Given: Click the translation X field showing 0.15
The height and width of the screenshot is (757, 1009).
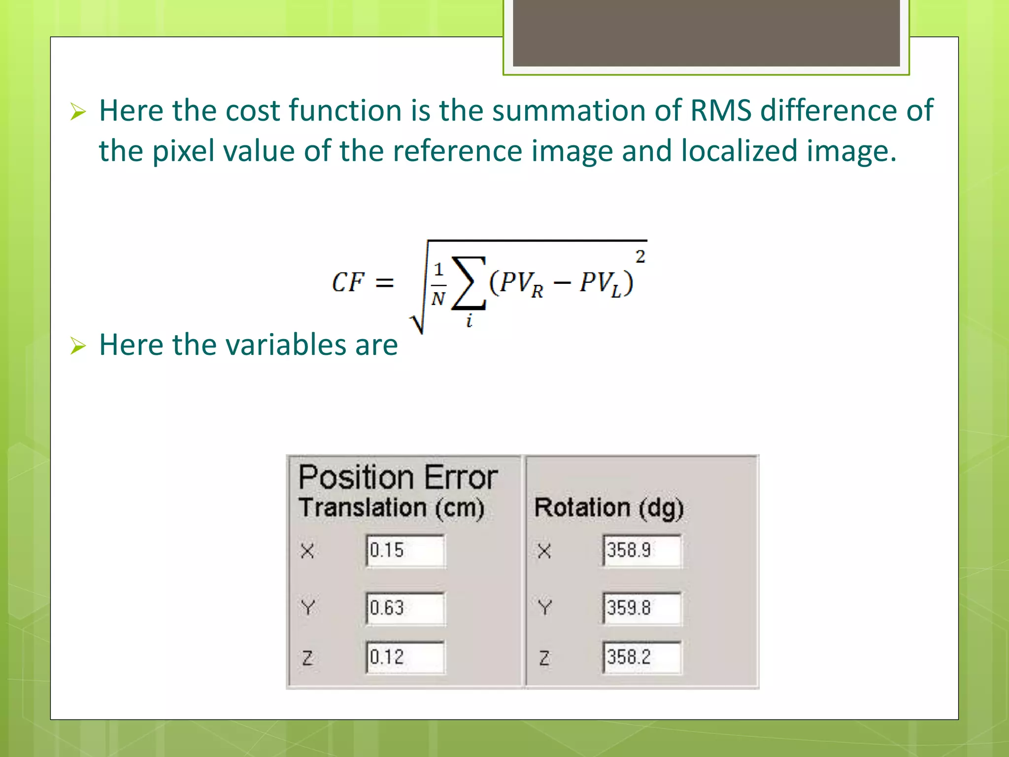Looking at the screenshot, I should (405, 551).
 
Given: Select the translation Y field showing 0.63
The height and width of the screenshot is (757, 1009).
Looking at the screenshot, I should (405, 608).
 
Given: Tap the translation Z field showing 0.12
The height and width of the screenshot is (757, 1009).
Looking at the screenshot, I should (405, 657).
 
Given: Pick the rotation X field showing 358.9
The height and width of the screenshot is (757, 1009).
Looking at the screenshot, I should (642, 551).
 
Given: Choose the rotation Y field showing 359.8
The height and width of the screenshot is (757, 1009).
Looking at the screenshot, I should (642, 608).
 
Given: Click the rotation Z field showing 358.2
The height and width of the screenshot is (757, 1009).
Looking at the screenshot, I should (642, 657).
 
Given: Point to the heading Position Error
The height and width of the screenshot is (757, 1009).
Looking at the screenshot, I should (398, 478).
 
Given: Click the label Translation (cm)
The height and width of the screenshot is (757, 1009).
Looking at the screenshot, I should (392, 508).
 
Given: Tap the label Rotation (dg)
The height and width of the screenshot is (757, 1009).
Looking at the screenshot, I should (609, 508).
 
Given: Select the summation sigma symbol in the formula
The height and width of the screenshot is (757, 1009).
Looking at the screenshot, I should (469, 283).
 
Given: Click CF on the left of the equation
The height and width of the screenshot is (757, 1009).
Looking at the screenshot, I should (348, 282).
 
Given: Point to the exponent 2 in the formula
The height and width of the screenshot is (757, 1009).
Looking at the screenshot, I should (640, 256).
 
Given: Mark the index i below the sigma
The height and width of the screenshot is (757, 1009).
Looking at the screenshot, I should (469, 321).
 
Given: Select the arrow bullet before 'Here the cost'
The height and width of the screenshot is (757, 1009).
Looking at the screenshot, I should (78, 111).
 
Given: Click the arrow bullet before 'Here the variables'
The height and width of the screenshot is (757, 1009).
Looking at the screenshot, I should (78, 345).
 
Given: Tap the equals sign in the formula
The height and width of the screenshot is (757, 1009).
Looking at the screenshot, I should (385, 283).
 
